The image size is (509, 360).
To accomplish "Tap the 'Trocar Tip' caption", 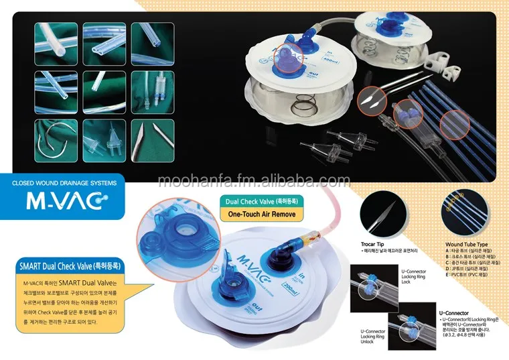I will point(374,244).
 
